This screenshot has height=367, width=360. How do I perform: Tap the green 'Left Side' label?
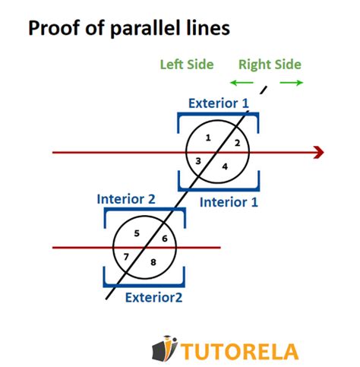click(x=186, y=65)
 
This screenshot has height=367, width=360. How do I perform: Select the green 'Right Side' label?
click(x=270, y=65)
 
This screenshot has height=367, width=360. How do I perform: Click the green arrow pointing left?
click(x=242, y=82)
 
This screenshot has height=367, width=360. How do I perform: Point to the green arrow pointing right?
click(x=290, y=82)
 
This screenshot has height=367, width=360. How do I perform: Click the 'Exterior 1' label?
click(x=218, y=103)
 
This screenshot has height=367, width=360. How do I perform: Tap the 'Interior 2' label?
click(x=126, y=199)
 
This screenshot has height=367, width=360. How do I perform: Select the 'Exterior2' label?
click(x=153, y=297)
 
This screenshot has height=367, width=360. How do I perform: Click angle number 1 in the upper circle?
click(x=208, y=138)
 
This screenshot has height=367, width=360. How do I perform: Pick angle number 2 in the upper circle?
click(x=236, y=143)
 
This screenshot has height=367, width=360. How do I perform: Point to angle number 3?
click(x=198, y=161)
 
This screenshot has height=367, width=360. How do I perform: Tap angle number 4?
click(x=224, y=166)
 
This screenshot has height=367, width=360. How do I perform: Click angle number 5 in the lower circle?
click(x=137, y=233)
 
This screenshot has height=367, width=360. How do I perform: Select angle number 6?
click(x=164, y=239)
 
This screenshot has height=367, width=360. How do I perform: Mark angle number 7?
click(x=126, y=257)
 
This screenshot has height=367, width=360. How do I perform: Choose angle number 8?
click(x=153, y=262)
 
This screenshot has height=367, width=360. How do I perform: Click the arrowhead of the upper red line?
click(x=318, y=153)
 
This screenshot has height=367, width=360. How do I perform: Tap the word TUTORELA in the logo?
click(x=240, y=351)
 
